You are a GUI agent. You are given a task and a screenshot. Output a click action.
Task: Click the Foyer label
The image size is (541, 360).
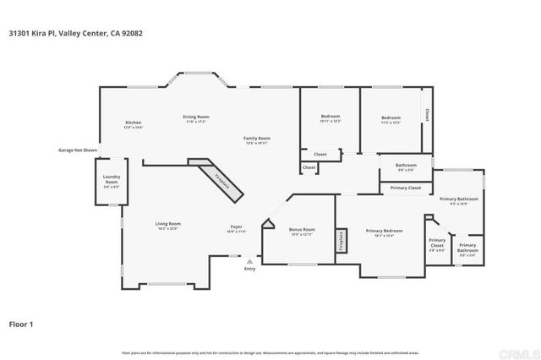(238, 228)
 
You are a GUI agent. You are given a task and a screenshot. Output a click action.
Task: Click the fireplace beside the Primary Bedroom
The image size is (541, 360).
(342, 239)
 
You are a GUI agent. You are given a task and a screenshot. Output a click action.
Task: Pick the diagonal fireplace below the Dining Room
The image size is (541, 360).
(218, 178)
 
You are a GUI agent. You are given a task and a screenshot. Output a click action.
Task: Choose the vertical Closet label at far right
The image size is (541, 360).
(427, 114)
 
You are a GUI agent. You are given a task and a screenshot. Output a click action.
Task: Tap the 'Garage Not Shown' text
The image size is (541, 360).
(77, 150)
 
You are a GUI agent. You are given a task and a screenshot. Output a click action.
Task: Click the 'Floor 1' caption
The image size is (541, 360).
(21, 323)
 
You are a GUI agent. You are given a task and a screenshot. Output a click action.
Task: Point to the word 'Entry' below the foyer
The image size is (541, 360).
(249, 270)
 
